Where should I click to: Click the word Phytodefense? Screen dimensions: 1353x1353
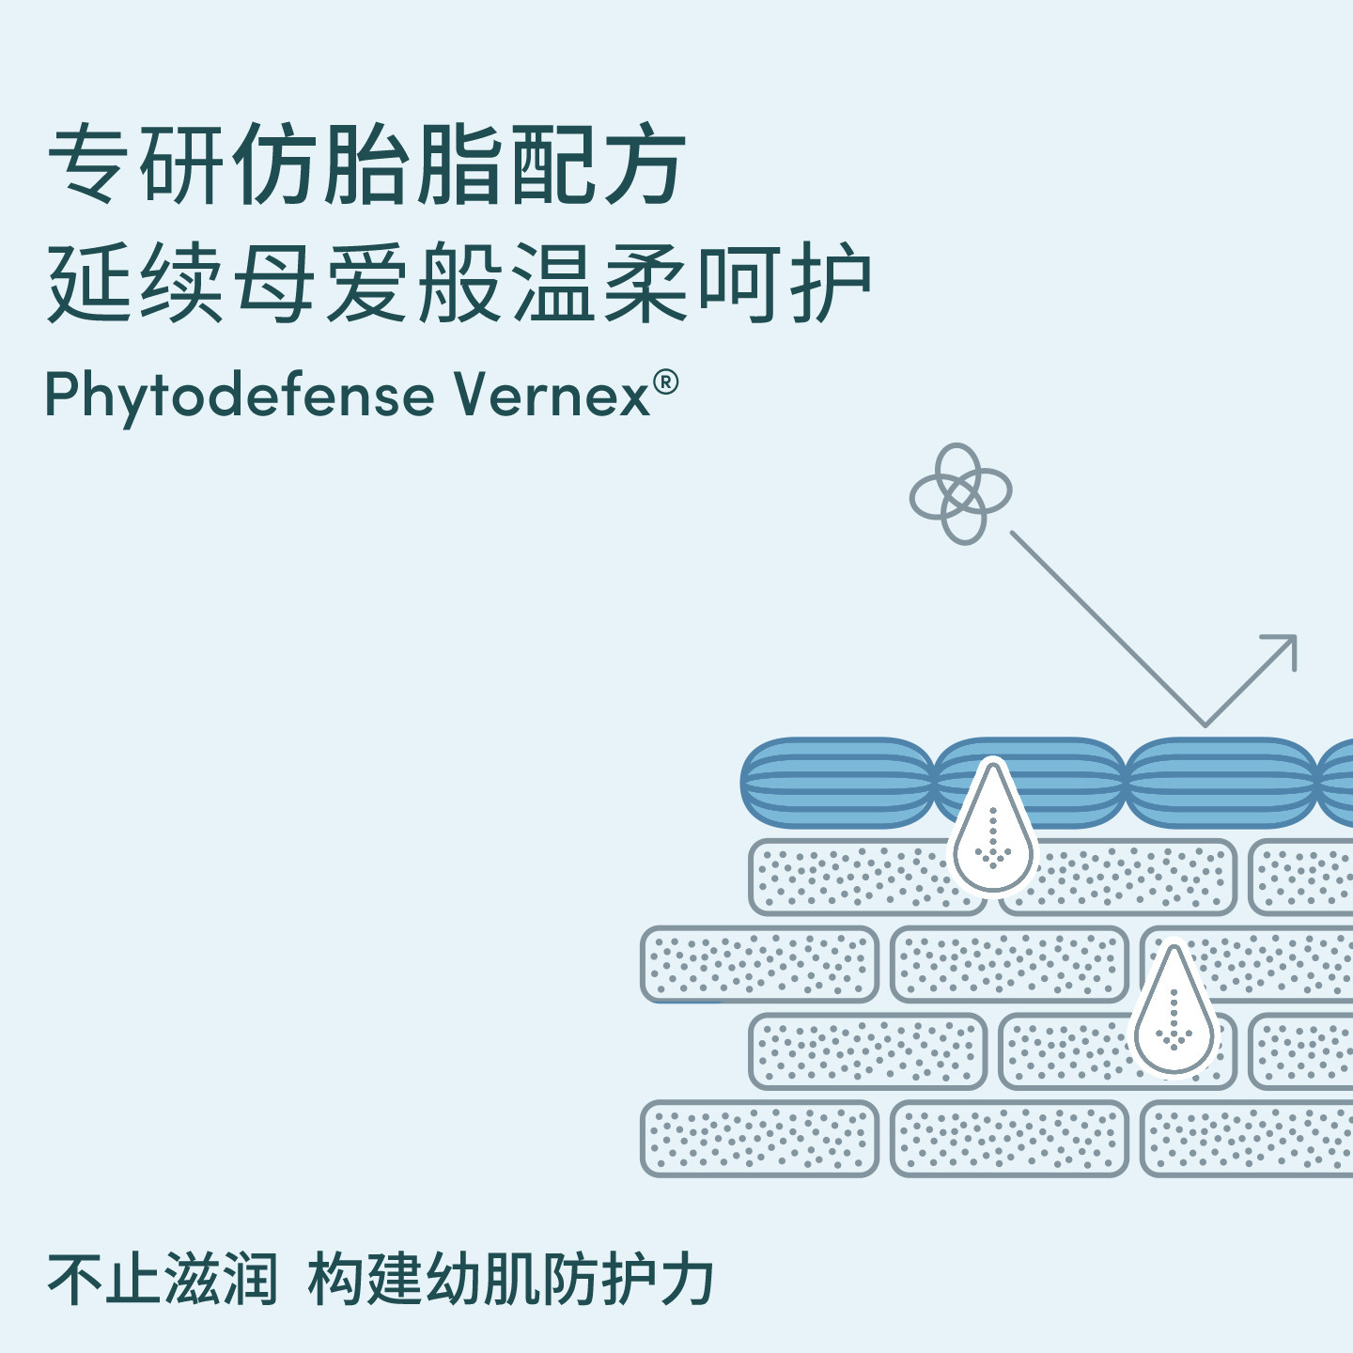(241, 397)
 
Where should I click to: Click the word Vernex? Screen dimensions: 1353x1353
(552, 396)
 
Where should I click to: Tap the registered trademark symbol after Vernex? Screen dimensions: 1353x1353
(665, 382)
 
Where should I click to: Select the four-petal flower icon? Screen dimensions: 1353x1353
(960, 493)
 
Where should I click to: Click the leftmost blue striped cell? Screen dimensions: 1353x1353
(837, 782)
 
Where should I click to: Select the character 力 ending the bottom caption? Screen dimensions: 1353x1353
(687, 1278)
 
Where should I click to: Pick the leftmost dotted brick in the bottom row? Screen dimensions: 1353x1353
(760, 1138)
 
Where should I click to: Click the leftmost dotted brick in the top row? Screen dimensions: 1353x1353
(867, 878)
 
